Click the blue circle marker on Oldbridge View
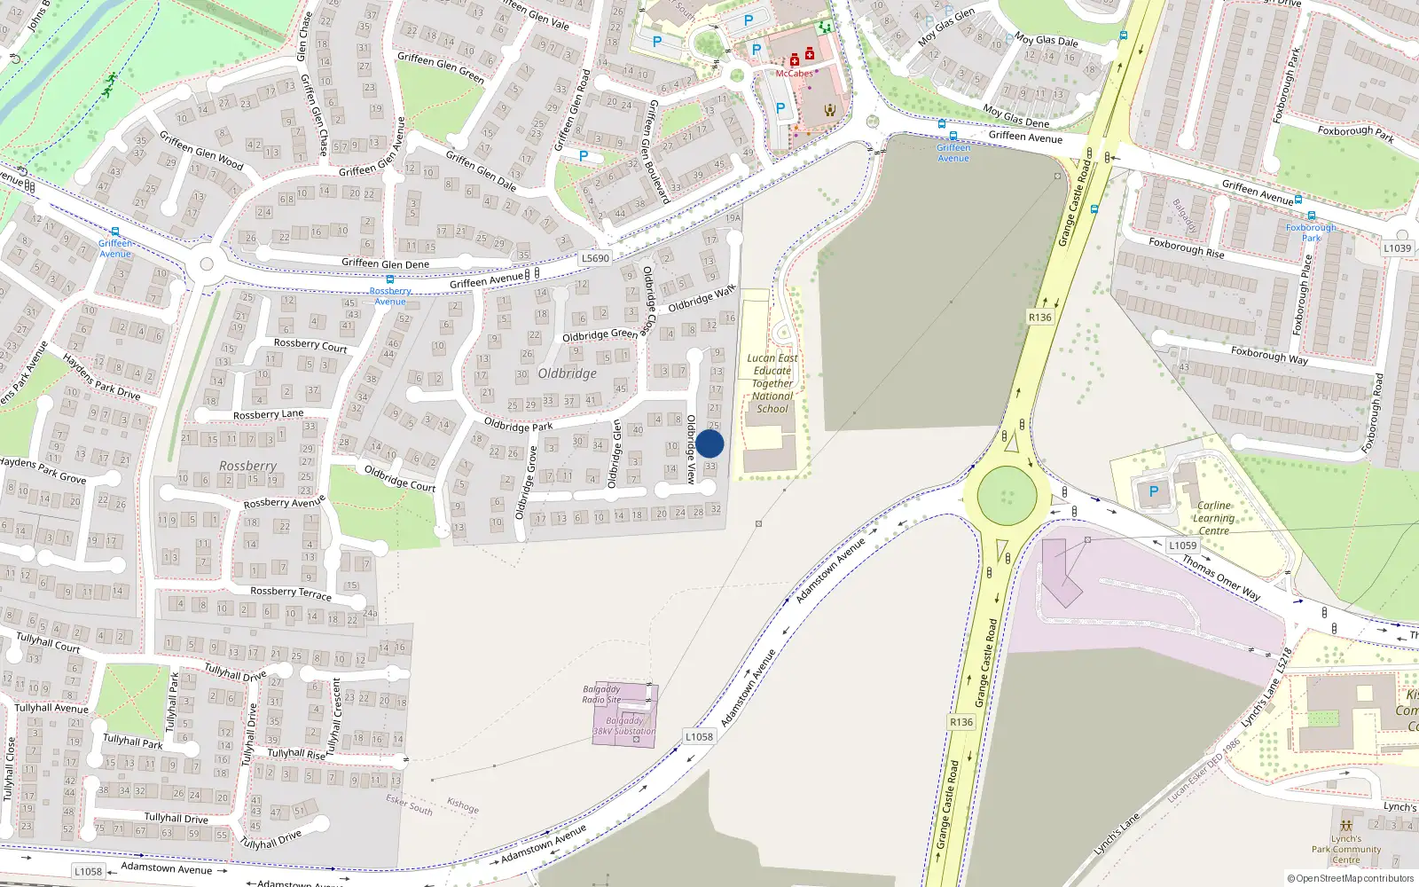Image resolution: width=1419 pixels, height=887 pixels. pos(709,444)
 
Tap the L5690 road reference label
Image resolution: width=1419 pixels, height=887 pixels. pos(595,258)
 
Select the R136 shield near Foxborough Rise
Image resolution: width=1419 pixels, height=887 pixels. pos(1039,317)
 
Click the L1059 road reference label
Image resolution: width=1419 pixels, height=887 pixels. pos(1182,546)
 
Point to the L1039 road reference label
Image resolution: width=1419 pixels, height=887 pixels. pos(1397,248)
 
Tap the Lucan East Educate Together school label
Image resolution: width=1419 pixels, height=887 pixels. pos(772,383)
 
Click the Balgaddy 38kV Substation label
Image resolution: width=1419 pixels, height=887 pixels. pos(624,726)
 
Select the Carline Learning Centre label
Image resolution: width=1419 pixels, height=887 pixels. pos(1213,518)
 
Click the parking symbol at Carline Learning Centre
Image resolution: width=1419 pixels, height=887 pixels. pos(1154,491)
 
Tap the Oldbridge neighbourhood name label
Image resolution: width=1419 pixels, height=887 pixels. pos(567,373)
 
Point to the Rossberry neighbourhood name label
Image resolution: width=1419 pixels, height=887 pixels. pos(247,466)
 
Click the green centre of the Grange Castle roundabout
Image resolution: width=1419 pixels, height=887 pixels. pos(1007,495)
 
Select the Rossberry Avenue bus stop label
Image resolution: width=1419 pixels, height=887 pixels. pos(390,296)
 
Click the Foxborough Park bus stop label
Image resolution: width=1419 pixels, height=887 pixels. pos(1311,232)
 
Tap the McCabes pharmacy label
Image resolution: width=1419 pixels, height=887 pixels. pos(794,74)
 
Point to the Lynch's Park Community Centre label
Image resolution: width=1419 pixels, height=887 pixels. pos(1345,849)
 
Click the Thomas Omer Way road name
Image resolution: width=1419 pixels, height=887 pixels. pos(1220,577)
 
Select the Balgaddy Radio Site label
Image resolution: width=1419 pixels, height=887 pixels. pos(601,695)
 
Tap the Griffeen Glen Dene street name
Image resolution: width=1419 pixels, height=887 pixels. pos(385,263)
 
